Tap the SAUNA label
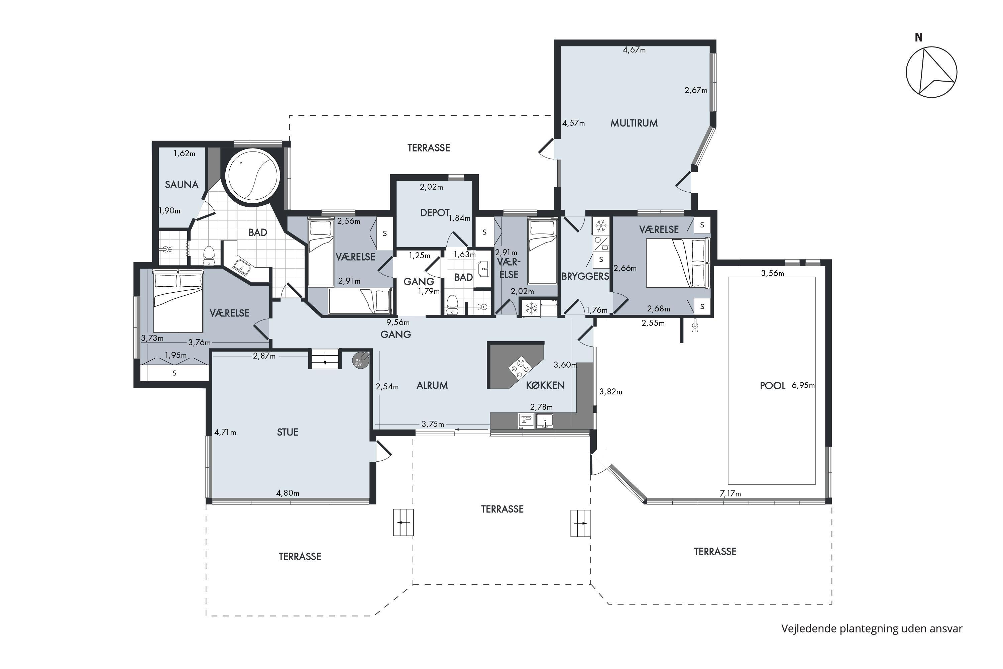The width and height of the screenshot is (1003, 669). [182, 185]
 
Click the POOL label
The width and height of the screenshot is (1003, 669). [772, 386]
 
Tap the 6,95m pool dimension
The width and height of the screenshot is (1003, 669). [803, 386]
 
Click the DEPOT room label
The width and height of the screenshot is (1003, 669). [435, 212]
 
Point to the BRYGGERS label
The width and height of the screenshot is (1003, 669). [585, 277]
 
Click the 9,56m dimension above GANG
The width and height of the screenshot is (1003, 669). [398, 322]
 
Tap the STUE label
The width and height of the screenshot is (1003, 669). [288, 432]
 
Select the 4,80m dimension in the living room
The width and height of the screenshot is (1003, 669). [288, 493]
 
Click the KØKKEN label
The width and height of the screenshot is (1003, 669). [545, 385]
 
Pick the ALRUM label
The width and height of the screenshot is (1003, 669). [432, 385]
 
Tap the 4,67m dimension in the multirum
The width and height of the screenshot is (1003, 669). [634, 50]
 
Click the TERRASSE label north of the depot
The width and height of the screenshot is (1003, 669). [429, 148]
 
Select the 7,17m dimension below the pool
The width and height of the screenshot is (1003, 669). [731, 494]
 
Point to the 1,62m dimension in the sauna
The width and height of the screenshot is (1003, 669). [184, 154]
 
